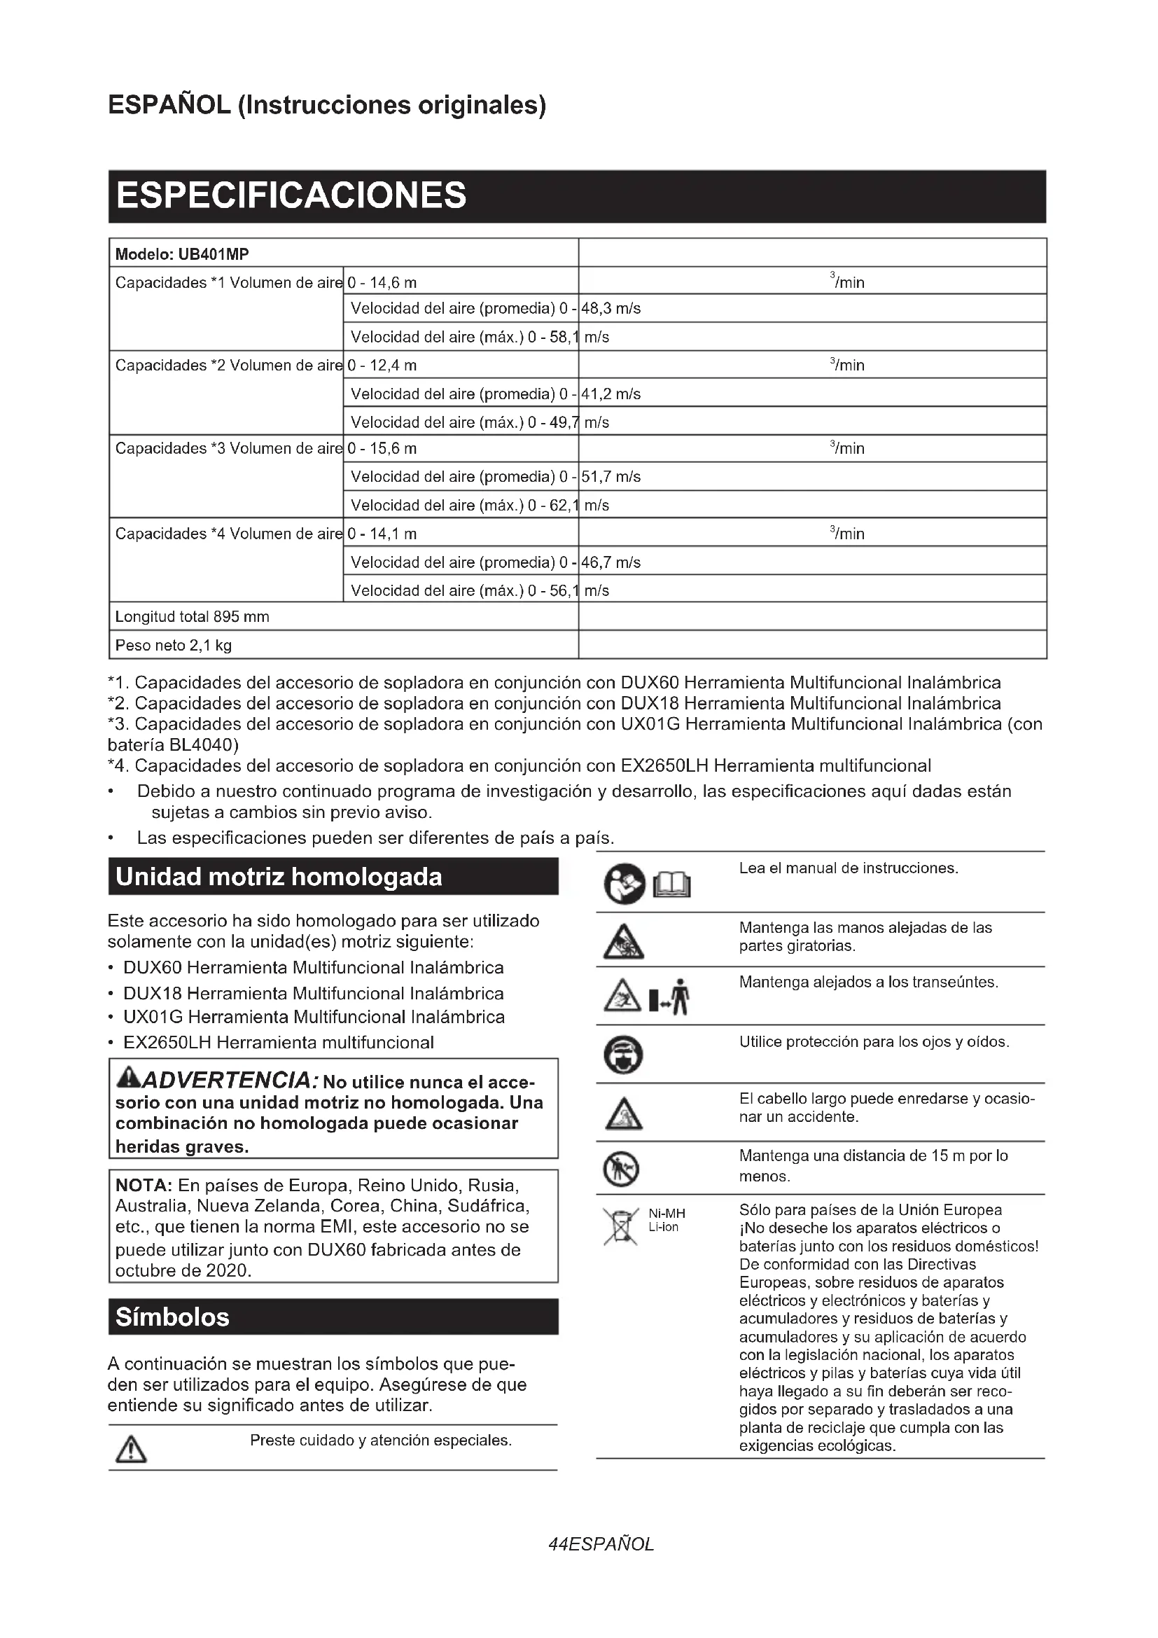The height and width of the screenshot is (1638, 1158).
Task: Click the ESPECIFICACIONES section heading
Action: click(x=291, y=195)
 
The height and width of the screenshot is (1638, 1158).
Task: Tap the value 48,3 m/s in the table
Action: click(x=611, y=309)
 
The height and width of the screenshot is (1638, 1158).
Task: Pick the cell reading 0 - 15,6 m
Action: click(x=382, y=449)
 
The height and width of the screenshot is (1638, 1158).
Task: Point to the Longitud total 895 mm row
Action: click(x=193, y=617)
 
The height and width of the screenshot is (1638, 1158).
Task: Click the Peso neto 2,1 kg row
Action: click(x=173, y=646)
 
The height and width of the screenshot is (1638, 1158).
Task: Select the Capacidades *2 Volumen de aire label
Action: click(x=228, y=366)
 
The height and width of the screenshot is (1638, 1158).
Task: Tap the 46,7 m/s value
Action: click(x=611, y=562)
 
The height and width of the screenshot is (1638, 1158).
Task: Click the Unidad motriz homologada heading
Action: click(x=279, y=877)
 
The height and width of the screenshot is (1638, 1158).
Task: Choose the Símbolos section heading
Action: click(x=172, y=1317)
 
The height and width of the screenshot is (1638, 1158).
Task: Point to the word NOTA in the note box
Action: click(x=144, y=1186)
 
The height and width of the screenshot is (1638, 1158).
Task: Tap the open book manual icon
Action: click(x=672, y=885)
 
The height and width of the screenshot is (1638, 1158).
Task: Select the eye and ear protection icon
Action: click(x=623, y=1055)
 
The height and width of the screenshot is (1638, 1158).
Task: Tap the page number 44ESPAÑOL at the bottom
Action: click(x=601, y=1545)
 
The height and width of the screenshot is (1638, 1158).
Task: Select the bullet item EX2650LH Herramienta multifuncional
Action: click(x=278, y=1043)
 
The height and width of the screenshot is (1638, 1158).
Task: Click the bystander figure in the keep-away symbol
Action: click(x=681, y=997)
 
